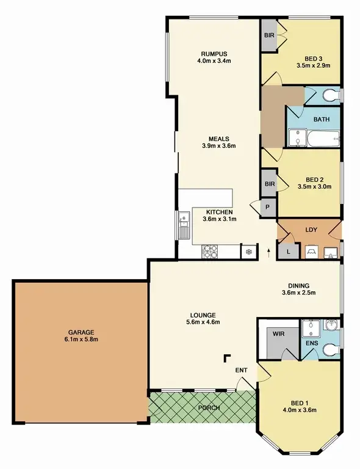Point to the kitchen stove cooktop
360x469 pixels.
[x=211, y=250]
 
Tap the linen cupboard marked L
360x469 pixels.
[x=287, y=250]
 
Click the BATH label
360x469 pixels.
[x=322, y=119]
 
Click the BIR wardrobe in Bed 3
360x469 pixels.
[x=269, y=35]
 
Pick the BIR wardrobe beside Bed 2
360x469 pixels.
[x=269, y=183]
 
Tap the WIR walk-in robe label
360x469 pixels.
[x=278, y=333]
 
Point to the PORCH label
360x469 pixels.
[x=209, y=407]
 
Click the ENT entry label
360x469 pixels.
[x=241, y=370]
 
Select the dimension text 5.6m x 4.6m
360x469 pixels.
[x=203, y=322]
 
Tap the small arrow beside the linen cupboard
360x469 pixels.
[x=268, y=249]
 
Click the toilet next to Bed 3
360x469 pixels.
[x=329, y=95]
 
